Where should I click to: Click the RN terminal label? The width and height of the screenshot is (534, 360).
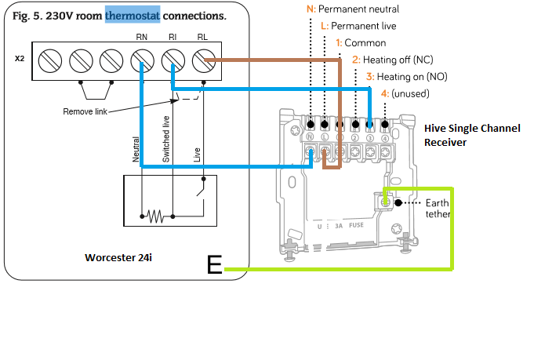pos(141,37)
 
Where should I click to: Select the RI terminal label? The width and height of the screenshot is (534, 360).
pos(173,37)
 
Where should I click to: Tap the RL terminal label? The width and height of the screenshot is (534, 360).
pos(203,37)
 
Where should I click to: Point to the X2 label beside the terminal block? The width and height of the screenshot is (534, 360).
pos(20,58)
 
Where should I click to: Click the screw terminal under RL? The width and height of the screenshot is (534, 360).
pos(204,60)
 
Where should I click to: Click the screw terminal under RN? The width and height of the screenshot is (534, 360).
pos(142,60)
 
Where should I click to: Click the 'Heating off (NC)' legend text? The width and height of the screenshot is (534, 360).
pos(392,60)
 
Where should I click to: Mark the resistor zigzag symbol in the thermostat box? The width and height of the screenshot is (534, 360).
pos(155,214)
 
